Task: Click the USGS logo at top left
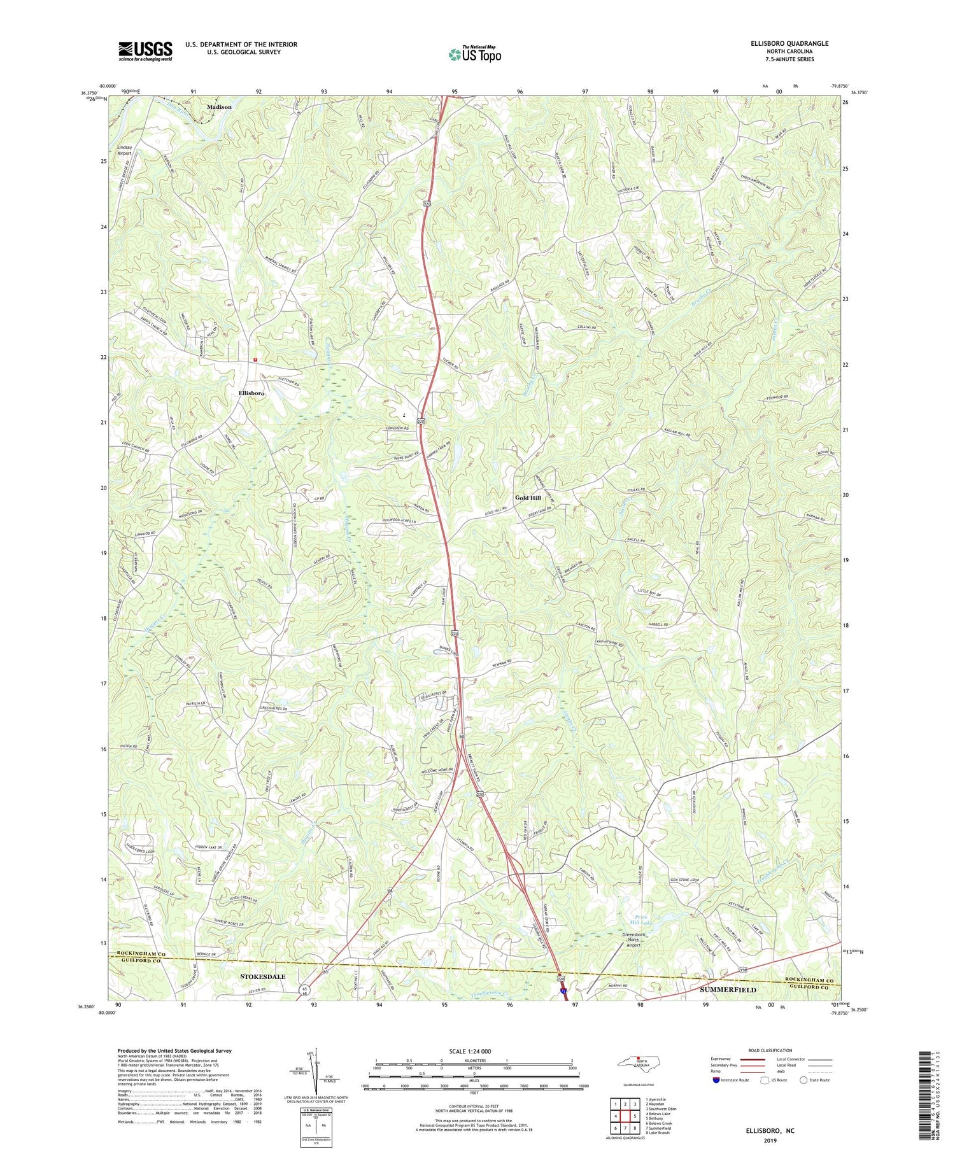point(145,51)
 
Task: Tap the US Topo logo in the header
point(474,54)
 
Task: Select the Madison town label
point(218,107)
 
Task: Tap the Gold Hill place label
point(528,498)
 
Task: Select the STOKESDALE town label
point(263,976)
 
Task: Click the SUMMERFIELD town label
point(728,990)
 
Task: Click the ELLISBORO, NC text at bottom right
point(770,1131)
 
